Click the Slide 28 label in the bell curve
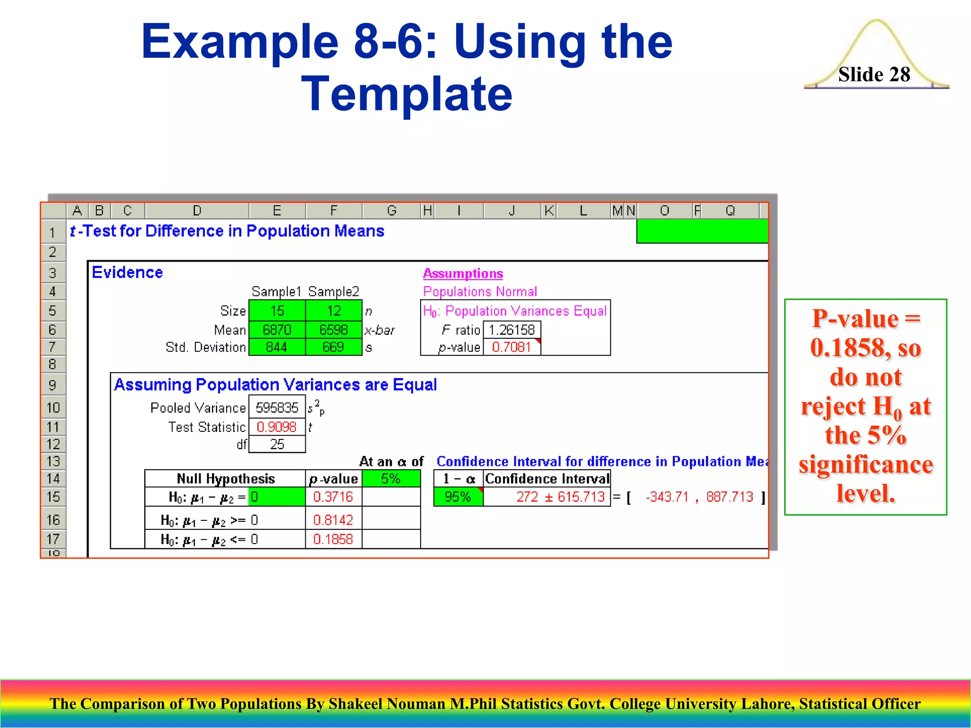[x=874, y=75]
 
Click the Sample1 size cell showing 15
[x=277, y=311]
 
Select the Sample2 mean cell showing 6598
[x=333, y=330]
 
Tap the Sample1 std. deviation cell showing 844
[x=277, y=347]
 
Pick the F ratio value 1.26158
[x=512, y=330]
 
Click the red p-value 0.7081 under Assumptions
[x=511, y=347]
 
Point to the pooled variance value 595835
[x=277, y=408]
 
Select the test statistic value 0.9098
[x=276, y=427]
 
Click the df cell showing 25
[x=277, y=445]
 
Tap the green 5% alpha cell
[x=391, y=479]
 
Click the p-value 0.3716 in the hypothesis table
[x=333, y=497]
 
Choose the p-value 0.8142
[x=333, y=520]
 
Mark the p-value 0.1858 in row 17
[x=333, y=539]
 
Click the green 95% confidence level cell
[x=458, y=497]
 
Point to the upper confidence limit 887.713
[x=729, y=497]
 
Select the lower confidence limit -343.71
[x=667, y=497]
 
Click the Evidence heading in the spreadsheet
[x=127, y=273]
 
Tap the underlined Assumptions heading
[x=463, y=274]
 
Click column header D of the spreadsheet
[x=197, y=210]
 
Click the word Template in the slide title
[x=407, y=94]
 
